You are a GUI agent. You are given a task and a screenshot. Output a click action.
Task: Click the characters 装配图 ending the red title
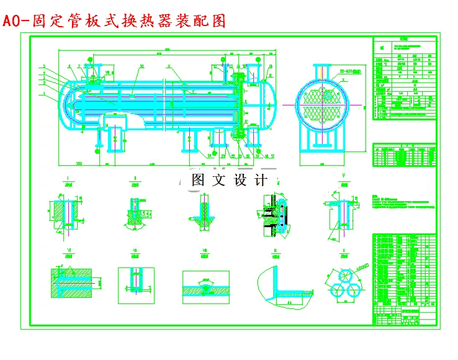202,20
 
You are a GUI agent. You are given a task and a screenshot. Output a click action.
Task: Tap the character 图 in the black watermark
199,180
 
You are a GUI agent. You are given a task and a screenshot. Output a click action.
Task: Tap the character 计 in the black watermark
261,180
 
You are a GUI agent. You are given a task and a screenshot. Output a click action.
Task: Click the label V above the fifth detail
343,176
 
